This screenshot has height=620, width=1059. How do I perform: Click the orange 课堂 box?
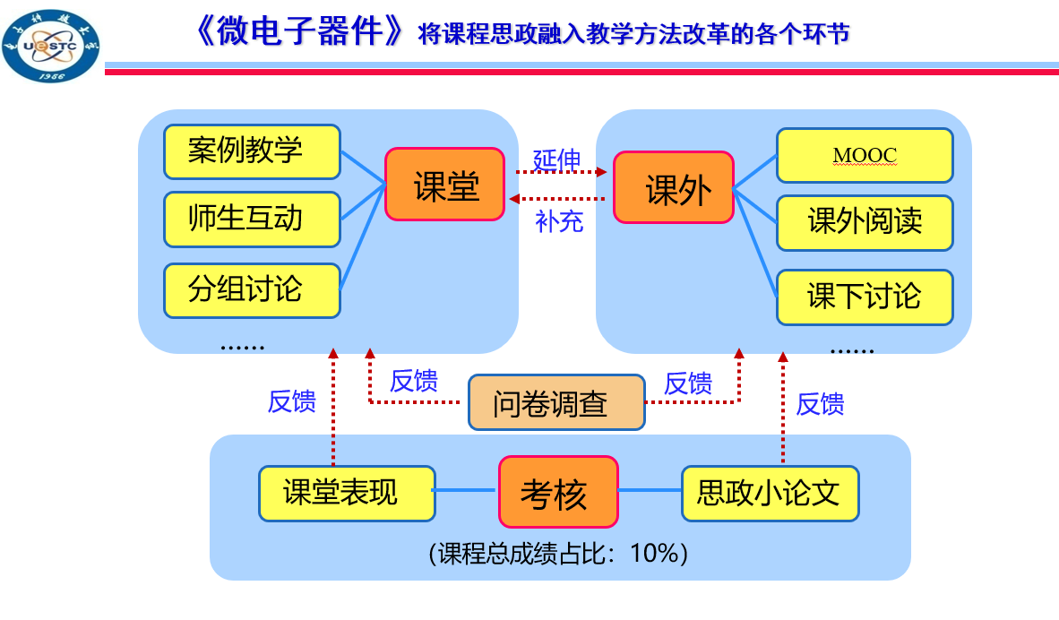coord(445,185)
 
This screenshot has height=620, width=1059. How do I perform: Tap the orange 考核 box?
coord(558,492)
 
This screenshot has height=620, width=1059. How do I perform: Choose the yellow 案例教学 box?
coord(252,151)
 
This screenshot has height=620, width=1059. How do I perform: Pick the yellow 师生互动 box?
coord(252,219)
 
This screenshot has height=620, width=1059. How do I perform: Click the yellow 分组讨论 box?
coord(252,290)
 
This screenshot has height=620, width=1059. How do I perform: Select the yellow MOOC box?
coord(865,156)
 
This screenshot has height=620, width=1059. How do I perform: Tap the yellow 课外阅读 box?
coord(865,223)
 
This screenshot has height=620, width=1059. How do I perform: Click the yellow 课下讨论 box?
coord(865,297)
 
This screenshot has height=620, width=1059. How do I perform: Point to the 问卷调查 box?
coord(556,402)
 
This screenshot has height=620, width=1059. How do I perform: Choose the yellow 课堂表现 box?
coord(347,493)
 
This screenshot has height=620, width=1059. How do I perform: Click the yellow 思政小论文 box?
coord(770,493)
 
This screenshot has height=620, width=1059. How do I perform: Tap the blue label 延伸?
coord(557,159)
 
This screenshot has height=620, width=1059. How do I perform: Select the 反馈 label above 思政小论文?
coord(820,404)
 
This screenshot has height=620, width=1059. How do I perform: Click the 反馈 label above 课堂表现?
coord(292,401)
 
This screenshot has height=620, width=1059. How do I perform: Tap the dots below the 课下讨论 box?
coord(851,349)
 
